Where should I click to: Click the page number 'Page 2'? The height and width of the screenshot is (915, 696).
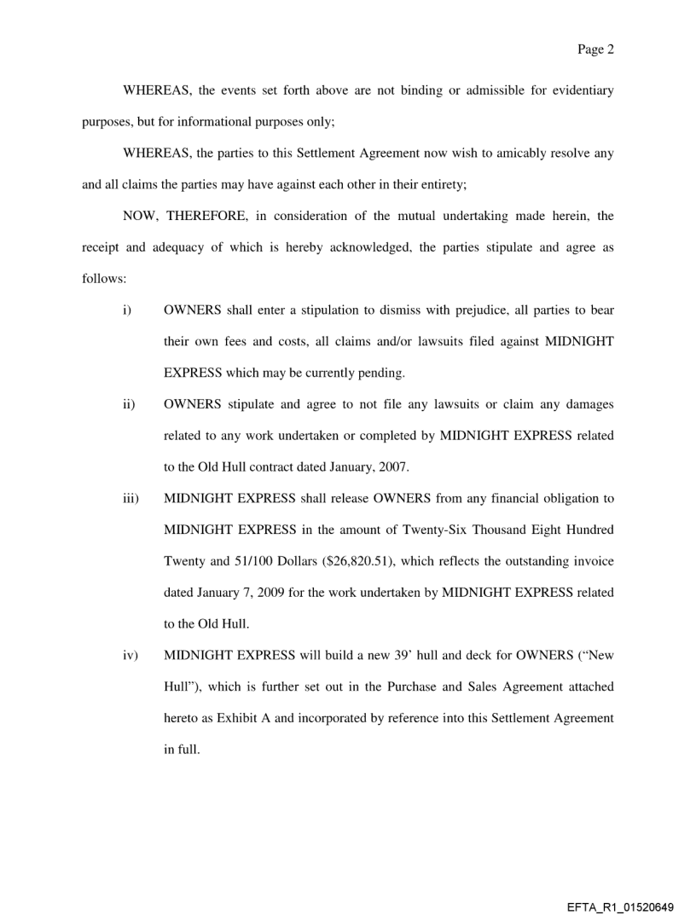(x=595, y=50)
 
